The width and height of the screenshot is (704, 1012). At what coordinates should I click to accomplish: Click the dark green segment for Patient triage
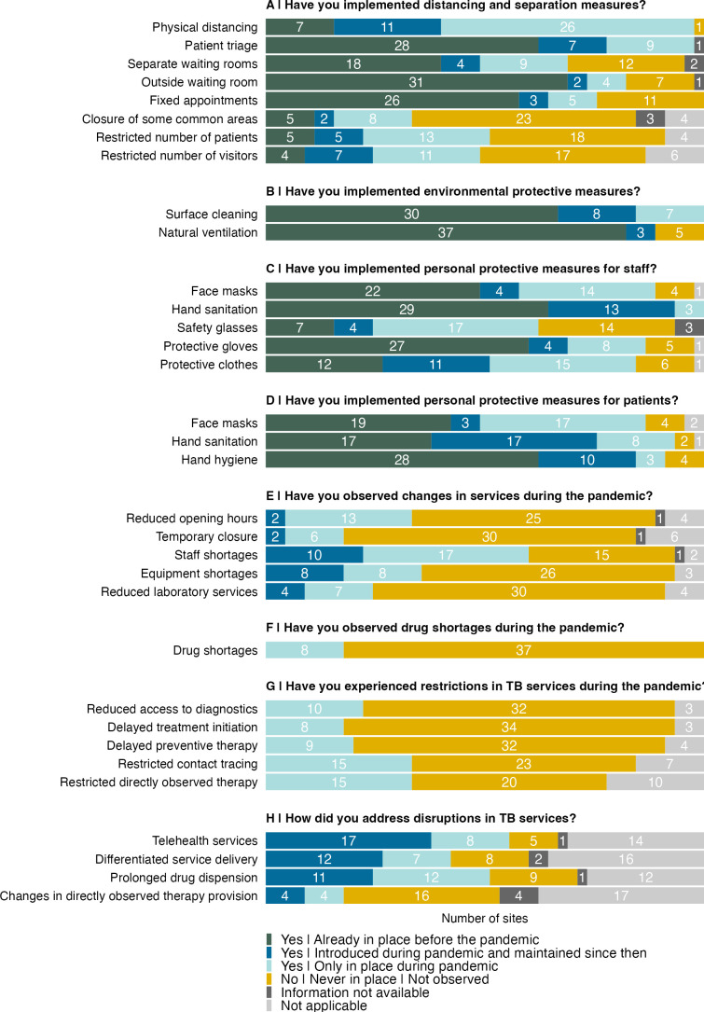tap(402, 45)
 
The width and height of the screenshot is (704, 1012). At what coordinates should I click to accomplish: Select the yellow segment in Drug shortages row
tap(523, 650)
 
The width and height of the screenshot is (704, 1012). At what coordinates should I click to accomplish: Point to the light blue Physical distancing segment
tap(567, 27)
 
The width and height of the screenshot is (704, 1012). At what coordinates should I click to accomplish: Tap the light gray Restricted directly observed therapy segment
tap(655, 782)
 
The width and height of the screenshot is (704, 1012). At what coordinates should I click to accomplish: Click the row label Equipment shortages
tap(195, 573)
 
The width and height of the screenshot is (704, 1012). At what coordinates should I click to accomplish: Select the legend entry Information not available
tap(355, 992)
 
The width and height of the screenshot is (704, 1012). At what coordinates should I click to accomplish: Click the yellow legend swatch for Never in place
tap(270, 979)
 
